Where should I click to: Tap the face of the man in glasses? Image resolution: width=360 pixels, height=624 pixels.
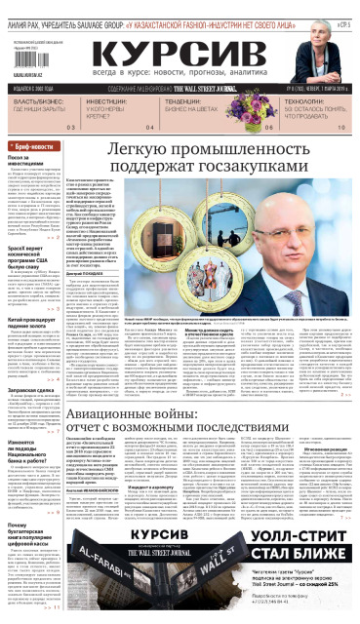(321, 253)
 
